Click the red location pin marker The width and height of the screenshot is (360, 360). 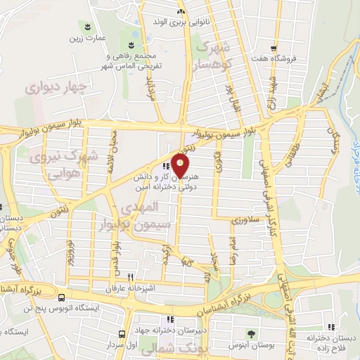point(181,167)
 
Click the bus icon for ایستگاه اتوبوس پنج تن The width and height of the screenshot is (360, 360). point(63,297)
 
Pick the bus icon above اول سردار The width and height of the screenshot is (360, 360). point(122,333)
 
